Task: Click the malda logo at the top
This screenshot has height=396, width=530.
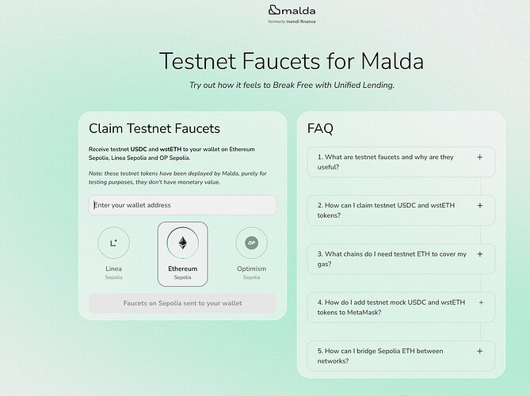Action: [x=292, y=10]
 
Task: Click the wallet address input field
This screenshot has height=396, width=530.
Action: [x=182, y=205]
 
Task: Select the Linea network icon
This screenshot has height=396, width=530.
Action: [x=113, y=242]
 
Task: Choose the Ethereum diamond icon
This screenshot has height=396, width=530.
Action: [x=182, y=242]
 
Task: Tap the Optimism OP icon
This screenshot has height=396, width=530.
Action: [x=251, y=242]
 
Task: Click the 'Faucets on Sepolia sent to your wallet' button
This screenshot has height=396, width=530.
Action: [x=182, y=303]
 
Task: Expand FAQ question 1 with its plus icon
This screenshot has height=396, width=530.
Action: [x=479, y=157]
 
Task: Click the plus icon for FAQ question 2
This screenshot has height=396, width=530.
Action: [x=479, y=205]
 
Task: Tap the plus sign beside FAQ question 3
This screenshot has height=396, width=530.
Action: [x=479, y=254]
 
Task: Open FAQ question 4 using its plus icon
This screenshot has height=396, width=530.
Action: [x=481, y=303]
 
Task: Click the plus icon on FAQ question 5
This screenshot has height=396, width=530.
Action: [x=479, y=351]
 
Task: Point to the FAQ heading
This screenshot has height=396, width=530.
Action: [x=320, y=128]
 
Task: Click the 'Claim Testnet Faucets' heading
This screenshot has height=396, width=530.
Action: [x=154, y=129]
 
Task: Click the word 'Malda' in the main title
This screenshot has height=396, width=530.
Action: [x=392, y=61]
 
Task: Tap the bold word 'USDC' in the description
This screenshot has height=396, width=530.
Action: [x=139, y=149]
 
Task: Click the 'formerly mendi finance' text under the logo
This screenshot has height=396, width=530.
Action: [x=292, y=21]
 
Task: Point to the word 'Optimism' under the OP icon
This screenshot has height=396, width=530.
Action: [x=251, y=268]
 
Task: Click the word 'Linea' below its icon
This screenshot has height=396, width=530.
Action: [x=113, y=268]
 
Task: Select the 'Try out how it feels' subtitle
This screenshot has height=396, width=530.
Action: [x=292, y=86]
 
